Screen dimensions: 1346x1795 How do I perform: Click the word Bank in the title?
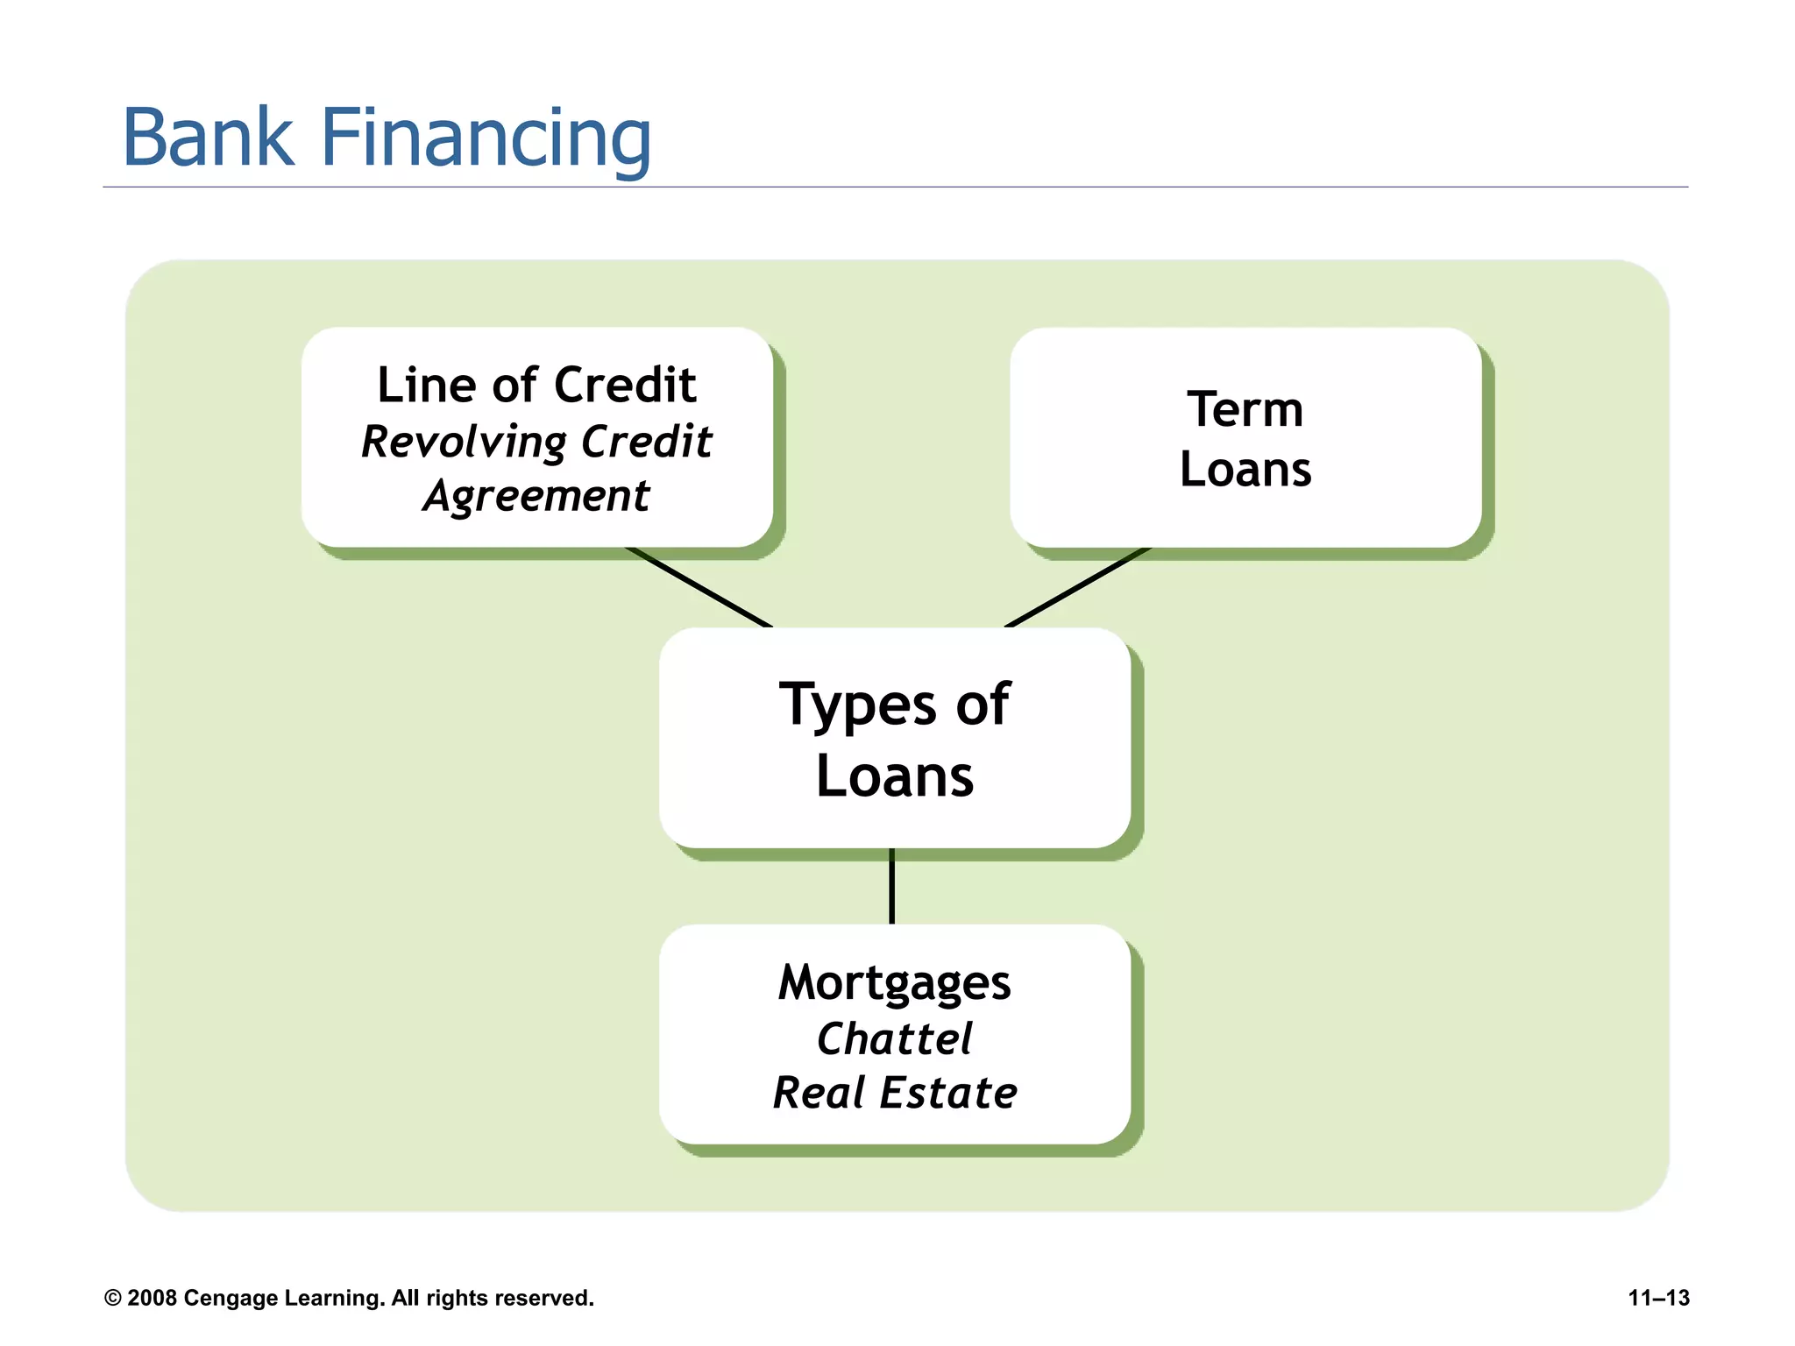(x=208, y=138)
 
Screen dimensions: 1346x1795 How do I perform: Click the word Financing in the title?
(x=486, y=140)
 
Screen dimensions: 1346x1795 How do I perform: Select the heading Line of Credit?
(x=536, y=385)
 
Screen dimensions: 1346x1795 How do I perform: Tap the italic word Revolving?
(x=464, y=443)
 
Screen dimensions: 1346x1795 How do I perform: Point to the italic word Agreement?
(x=536, y=497)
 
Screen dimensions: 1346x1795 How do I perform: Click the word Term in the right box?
(x=1245, y=409)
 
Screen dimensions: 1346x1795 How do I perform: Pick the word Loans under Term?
(x=1245, y=470)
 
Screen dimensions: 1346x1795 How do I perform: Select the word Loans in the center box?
(x=894, y=776)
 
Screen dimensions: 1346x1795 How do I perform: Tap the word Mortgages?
(x=894, y=983)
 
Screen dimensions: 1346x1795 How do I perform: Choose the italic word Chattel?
(x=894, y=1039)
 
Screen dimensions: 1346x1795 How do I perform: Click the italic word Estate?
(x=948, y=1094)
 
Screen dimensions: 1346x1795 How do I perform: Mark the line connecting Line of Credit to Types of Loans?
(x=699, y=587)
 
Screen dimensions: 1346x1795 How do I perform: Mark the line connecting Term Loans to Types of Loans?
(x=1076, y=587)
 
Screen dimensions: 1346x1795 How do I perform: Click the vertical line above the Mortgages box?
(x=891, y=885)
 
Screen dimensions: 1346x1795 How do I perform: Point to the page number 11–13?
(x=1658, y=1298)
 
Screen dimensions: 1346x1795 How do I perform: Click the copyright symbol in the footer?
(x=112, y=1298)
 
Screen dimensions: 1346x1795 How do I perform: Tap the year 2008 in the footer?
(x=152, y=1298)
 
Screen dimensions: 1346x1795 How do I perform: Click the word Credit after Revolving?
(x=646, y=441)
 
